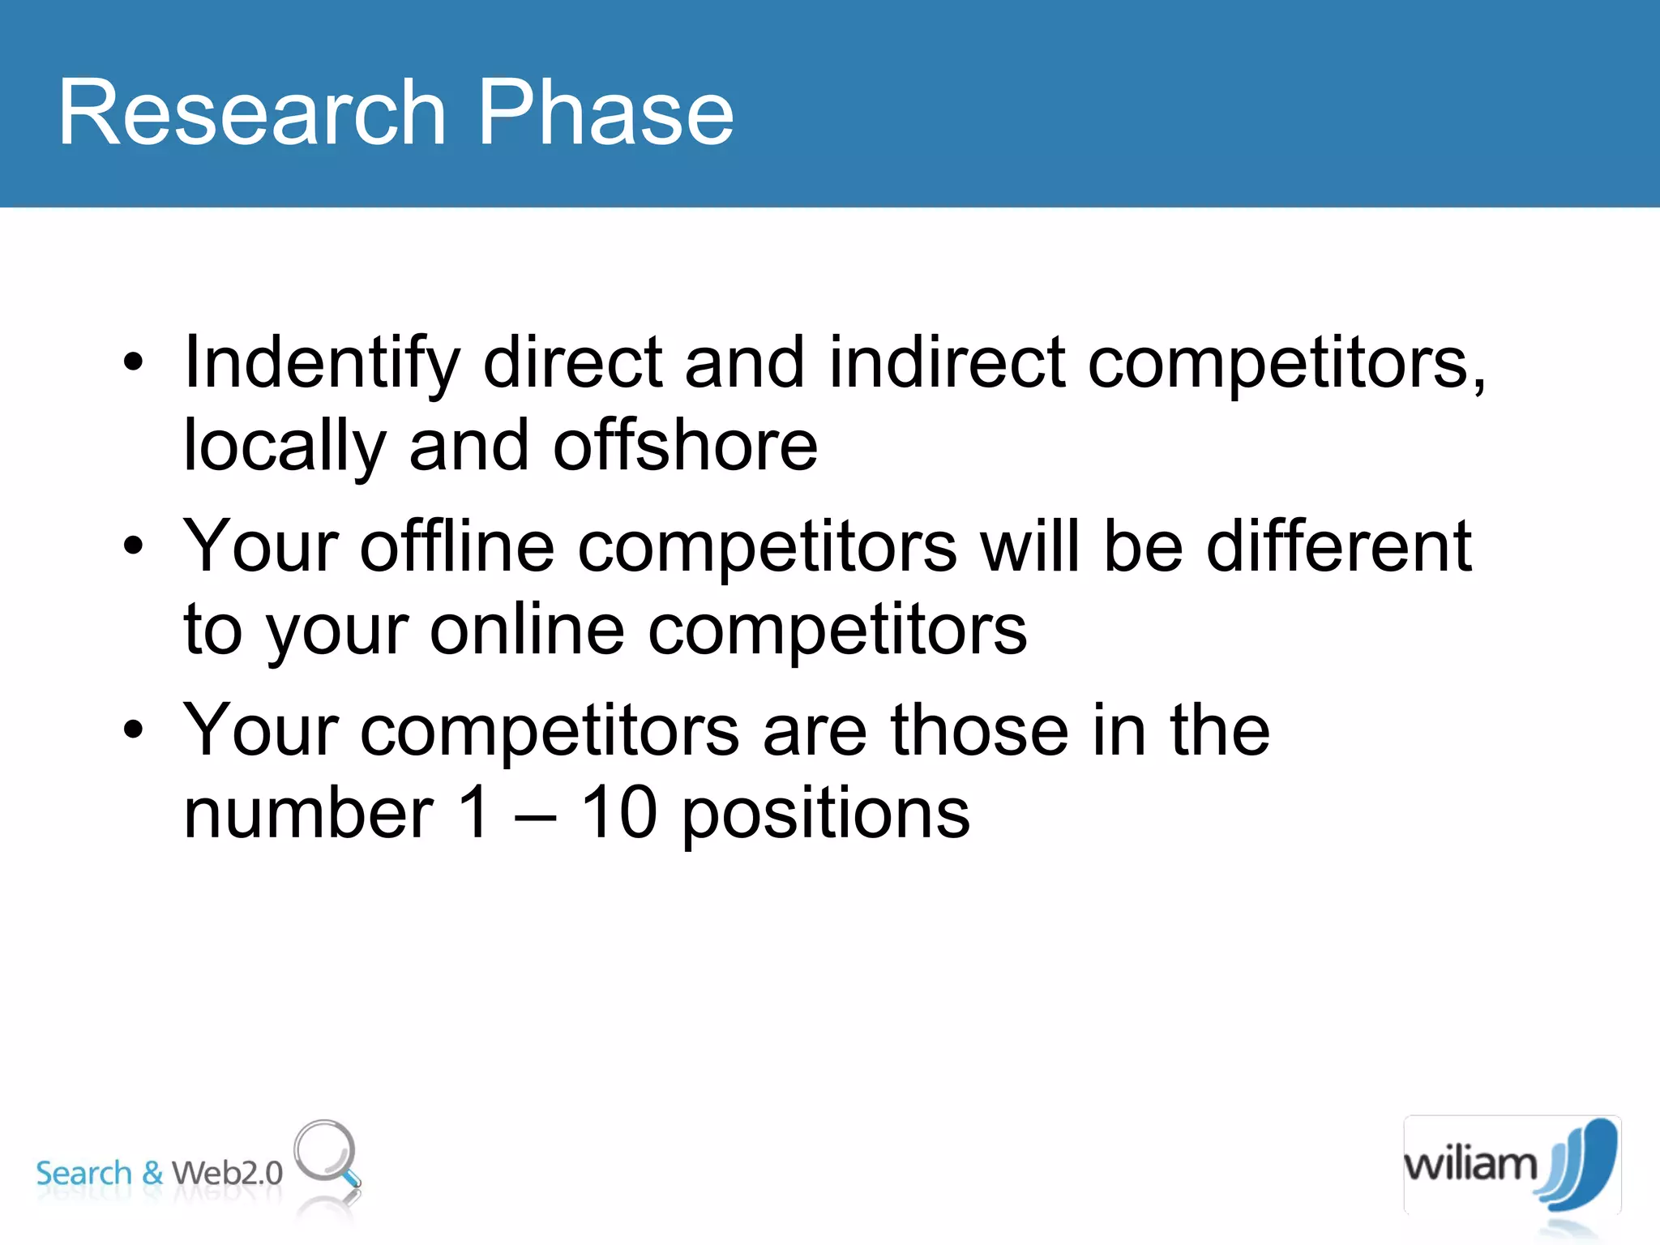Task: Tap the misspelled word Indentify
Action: [x=322, y=363]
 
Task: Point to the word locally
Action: [x=285, y=447]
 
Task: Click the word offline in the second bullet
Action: [x=457, y=546]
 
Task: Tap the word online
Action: [x=527, y=630]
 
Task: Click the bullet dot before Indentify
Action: [x=133, y=362]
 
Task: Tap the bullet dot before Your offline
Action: [x=133, y=546]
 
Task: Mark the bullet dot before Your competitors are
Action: [x=133, y=729]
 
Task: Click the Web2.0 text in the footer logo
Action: [x=227, y=1173]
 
